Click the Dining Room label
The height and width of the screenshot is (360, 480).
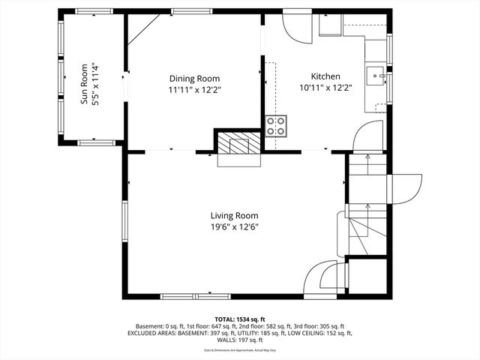click(x=194, y=78)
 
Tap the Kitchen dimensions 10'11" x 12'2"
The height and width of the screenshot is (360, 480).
click(x=325, y=88)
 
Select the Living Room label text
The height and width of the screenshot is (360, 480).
click(x=234, y=215)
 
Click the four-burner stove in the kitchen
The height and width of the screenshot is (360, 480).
click(x=276, y=126)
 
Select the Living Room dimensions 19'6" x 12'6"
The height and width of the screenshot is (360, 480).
click(x=234, y=226)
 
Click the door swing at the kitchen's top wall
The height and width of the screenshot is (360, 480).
click(x=296, y=27)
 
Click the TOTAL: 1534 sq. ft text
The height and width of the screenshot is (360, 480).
click(x=240, y=319)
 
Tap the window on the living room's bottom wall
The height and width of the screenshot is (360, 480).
click(x=184, y=295)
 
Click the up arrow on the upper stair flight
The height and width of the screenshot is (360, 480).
click(x=367, y=157)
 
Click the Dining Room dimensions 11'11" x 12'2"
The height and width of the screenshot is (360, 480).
click(x=194, y=89)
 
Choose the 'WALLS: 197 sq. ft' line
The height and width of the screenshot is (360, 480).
click(x=240, y=340)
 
